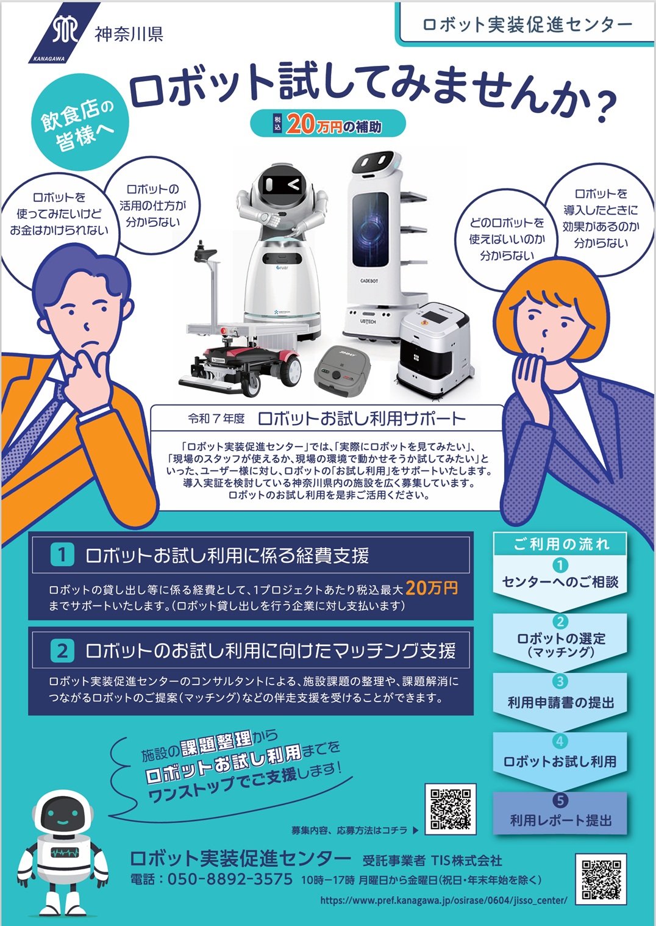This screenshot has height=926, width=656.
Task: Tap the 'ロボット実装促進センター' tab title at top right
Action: pyautogui.click(x=527, y=25)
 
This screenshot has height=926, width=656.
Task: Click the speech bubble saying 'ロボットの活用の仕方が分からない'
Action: pyautogui.click(x=152, y=206)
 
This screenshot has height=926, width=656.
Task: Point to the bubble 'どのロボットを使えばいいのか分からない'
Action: pyautogui.click(x=507, y=239)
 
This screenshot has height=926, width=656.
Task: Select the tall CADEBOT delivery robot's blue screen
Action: pyautogui.click(x=370, y=230)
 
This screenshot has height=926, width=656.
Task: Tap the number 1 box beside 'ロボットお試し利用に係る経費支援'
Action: pyautogui.click(x=62, y=555)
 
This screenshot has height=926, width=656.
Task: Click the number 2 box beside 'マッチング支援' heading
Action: pyautogui.click(x=62, y=651)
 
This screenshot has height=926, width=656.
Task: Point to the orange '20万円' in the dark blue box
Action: pyautogui.click(x=432, y=587)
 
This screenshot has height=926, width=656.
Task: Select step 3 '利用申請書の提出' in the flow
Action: pyautogui.click(x=560, y=702)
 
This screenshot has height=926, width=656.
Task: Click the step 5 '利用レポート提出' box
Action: pyautogui.click(x=560, y=813)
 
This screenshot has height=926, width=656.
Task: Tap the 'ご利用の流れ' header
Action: pyautogui.click(x=560, y=544)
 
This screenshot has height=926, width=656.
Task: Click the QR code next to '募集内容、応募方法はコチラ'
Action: pyautogui.click(x=451, y=809)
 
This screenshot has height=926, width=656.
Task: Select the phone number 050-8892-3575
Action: pyautogui.click(x=230, y=879)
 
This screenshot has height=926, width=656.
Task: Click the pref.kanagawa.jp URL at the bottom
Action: pyautogui.click(x=444, y=900)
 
